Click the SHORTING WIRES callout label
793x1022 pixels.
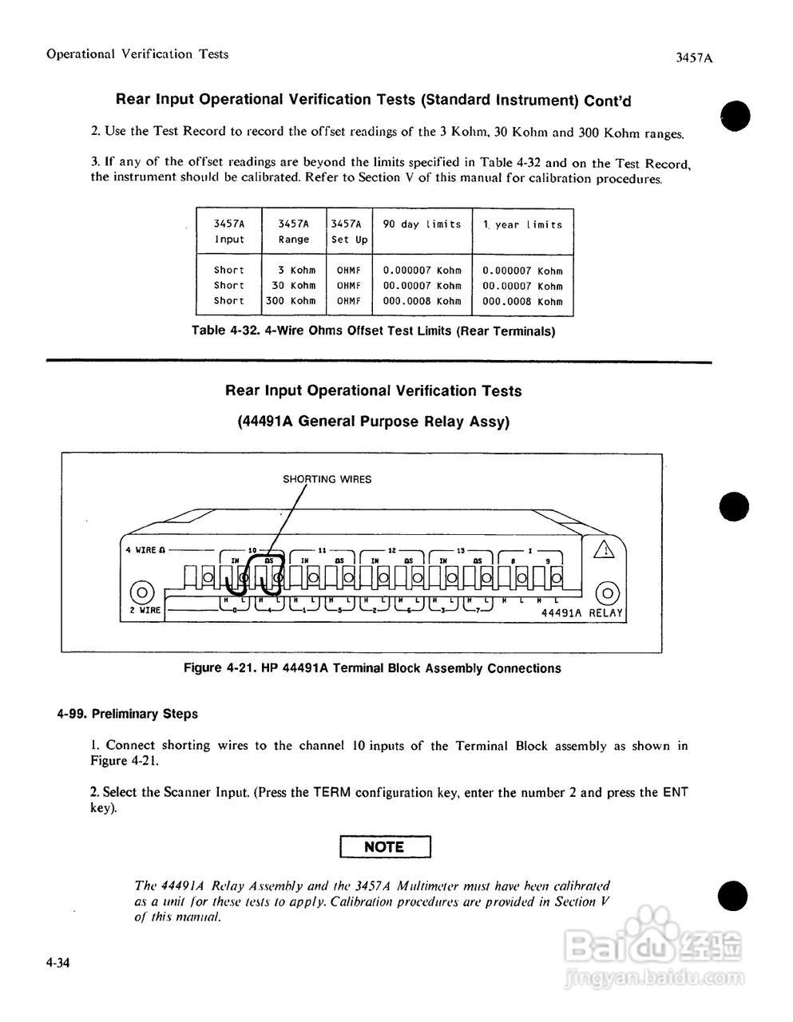pos(327,480)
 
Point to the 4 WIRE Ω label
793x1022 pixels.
pos(145,550)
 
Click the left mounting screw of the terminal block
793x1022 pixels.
pos(141,592)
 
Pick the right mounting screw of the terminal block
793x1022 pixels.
pos(608,592)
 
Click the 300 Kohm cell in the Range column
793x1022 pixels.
pos(291,301)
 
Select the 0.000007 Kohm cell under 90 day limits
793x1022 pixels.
pos(422,271)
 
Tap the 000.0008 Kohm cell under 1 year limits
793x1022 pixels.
pos(522,302)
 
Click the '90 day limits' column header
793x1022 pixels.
pos(422,224)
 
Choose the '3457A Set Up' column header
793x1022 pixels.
pos(350,232)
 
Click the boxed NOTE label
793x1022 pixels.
pos(384,846)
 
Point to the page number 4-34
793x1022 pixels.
pos(58,964)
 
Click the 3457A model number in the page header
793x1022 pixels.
pos(692,57)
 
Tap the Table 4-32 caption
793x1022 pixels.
pos(373,331)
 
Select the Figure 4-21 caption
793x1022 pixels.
pos(372,668)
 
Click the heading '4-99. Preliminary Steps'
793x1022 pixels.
pos(127,713)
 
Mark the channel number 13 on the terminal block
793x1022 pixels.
pos(461,549)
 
